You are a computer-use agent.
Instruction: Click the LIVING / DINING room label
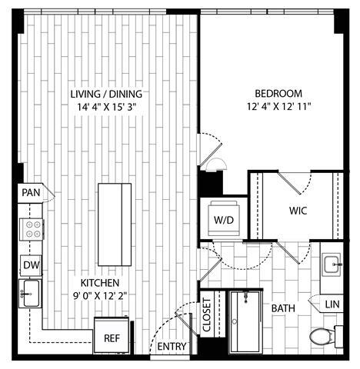tap(106, 95)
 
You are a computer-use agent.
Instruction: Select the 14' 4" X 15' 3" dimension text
tap(106, 108)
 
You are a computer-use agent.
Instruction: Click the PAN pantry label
tap(31, 192)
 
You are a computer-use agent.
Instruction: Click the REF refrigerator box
tap(110, 337)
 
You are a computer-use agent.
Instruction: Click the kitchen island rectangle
tap(114, 216)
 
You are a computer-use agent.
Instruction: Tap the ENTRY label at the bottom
tap(172, 347)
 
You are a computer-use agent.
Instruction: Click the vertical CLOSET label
tap(206, 314)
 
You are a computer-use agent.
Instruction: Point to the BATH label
tap(283, 308)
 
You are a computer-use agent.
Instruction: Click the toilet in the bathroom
tap(322, 337)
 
